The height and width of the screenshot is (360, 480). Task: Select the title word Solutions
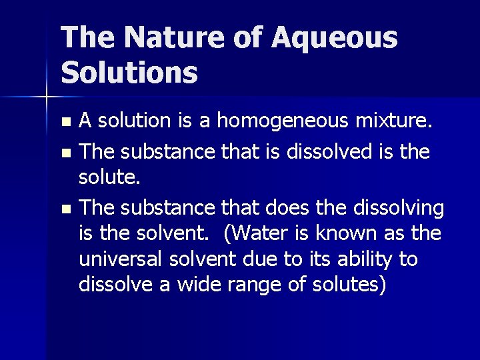click(129, 72)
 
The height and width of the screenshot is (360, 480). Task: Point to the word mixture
click(396, 121)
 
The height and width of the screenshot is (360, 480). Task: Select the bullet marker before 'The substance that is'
click(65, 153)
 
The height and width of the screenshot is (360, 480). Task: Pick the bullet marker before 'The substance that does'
click(65, 209)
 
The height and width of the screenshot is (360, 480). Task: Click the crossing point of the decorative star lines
click(46, 97)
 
